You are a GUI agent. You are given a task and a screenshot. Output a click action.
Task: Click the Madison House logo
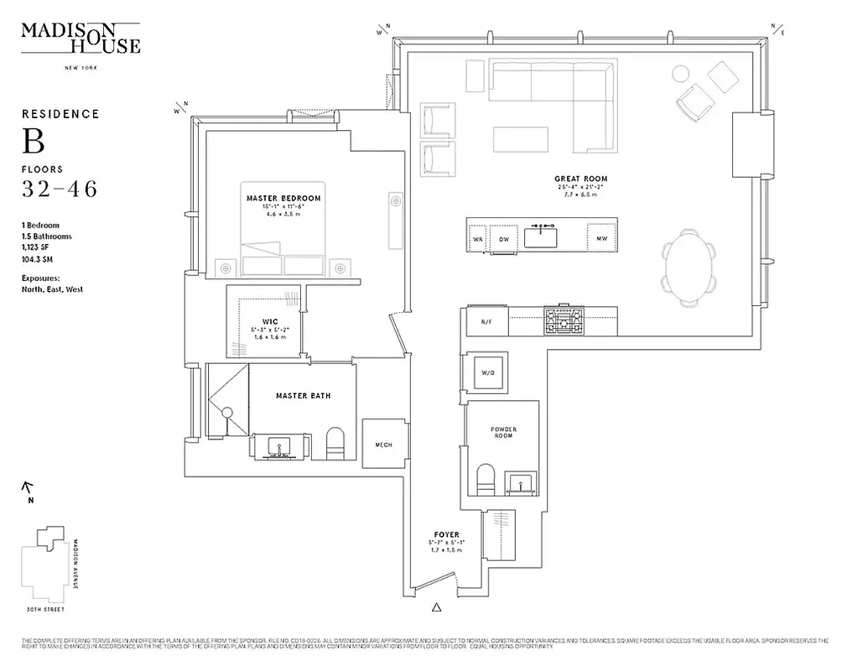tap(81, 38)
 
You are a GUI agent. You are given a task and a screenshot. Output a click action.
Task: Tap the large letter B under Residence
tap(33, 143)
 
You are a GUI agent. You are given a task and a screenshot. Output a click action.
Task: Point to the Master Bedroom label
tap(283, 199)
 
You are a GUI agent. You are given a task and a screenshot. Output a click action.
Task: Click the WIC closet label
tap(270, 321)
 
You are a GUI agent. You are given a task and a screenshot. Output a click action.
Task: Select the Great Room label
tap(580, 179)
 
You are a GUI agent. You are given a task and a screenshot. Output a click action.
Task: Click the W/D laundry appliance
tap(487, 373)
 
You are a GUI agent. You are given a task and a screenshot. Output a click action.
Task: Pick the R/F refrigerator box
tap(486, 322)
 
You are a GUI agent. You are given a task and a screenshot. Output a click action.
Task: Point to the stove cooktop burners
tap(564, 320)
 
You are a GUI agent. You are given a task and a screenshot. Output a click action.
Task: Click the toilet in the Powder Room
tap(486, 480)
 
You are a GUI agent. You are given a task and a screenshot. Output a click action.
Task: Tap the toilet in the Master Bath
tap(335, 444)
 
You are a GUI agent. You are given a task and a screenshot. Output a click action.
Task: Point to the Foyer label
tap(445, 534)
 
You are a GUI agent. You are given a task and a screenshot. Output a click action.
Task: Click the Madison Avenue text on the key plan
tap(75, 564)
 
